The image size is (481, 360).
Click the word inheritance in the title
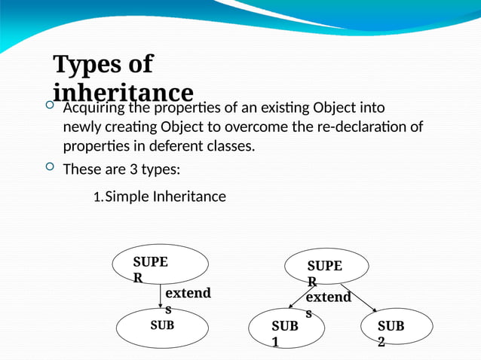coord(124,92)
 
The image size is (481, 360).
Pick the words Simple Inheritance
coord(165,197)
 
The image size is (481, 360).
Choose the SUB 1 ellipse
coord(286,329)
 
